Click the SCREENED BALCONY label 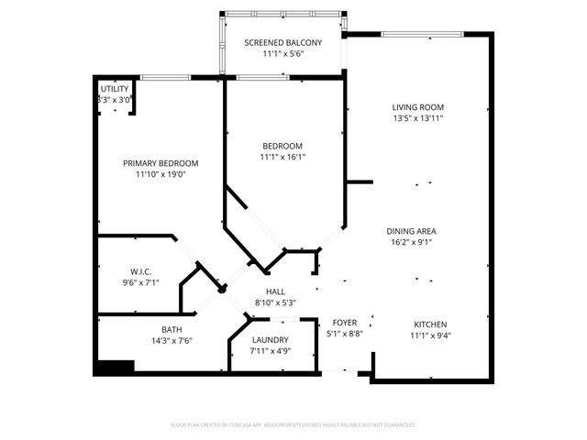tap(282, 43)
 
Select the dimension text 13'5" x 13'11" tap(418, 118)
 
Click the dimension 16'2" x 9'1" tap(411, 243)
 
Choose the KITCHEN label tap(429, 324)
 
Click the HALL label tap(275, 291)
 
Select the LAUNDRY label tap(271, 340)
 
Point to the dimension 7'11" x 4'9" tap(271, 351)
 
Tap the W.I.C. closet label tap(140, 271)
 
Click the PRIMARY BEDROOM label tap(161, 163)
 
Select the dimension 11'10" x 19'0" tap(161, 174)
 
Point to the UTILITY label tap(115, 89)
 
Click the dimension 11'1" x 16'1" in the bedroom tap(282, 157)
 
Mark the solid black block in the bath tap(116, 367)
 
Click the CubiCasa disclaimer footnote tap(293, 425)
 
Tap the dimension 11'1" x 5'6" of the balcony tap(282, 55)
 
